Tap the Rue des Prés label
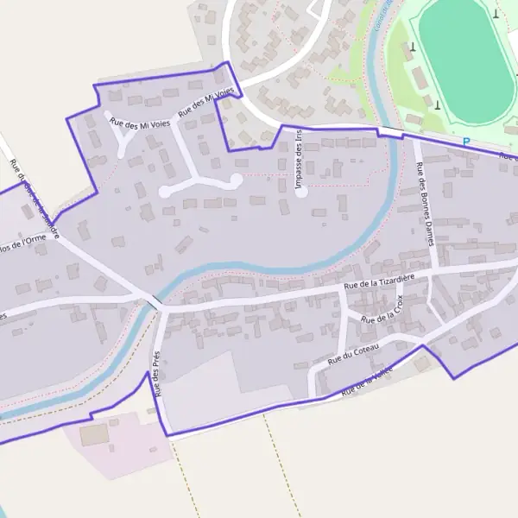point(157,373)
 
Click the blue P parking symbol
point(466,142)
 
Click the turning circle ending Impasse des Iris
point(301,193)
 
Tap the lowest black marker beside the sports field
point(437,105)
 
